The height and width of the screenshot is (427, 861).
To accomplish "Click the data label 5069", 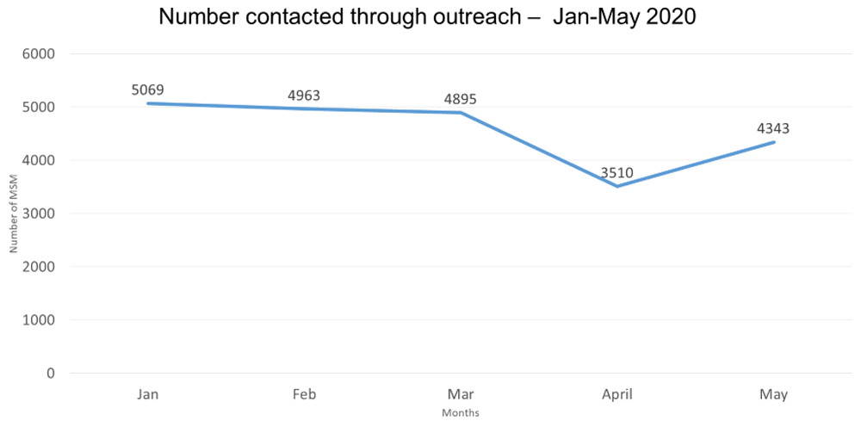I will pos(148,89).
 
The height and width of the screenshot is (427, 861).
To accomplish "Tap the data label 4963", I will pos(304,95).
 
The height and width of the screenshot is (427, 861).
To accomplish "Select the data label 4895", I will pos(461,98).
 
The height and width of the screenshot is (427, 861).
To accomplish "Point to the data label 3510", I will pos(617,172).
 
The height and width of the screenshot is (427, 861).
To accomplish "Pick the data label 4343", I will pos(773,128).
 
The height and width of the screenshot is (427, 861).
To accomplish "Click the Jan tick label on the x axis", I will pos(148,394).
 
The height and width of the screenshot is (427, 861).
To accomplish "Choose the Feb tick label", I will pos(304,394).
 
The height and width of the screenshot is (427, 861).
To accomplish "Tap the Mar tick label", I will pos(461,394).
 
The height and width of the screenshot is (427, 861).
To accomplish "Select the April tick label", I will pos(617,394).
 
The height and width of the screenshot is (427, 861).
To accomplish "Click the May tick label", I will pos(773,394).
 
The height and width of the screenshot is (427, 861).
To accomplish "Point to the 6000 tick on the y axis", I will pos(38,54).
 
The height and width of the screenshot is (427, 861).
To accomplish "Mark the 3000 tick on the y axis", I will pos(38,213).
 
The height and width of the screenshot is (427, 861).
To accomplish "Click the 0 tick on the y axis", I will pos(51,374).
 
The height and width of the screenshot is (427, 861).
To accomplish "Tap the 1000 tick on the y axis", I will pos(38,320).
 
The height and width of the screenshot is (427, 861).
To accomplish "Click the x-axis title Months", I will pos(460,413).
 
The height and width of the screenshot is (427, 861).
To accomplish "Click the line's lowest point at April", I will pos(617,186).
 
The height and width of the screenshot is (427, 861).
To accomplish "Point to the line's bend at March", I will pos(461,113).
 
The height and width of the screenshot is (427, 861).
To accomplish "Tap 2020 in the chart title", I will pos(671,15).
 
